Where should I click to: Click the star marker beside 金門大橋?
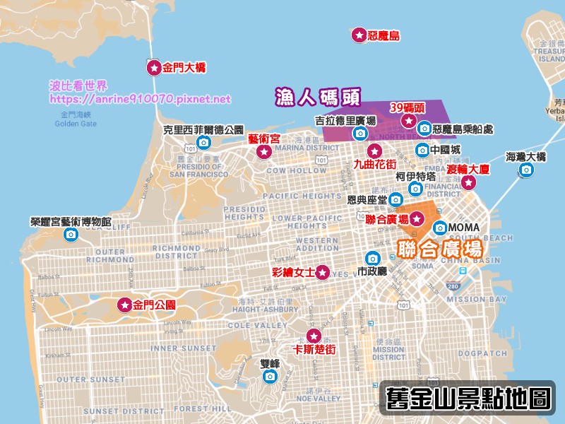point(153,68)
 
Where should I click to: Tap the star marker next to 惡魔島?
point(358,35)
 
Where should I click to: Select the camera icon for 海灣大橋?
point(526,170)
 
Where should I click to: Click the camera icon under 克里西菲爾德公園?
point(203,143)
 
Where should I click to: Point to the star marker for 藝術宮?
point(264,152)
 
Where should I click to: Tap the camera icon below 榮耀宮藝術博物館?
point(71,235)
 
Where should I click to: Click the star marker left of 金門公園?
point(124,305)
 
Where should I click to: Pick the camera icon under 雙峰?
point(270,377)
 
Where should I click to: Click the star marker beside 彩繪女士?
point(323,272)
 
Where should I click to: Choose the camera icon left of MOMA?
point(440,228)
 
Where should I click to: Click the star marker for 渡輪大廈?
point(469,183)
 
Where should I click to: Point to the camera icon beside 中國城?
point(422,150)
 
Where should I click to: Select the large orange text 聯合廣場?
point(441,249)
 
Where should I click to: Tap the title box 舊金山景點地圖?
point(468,398)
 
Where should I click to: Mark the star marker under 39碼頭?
point(408,121)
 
